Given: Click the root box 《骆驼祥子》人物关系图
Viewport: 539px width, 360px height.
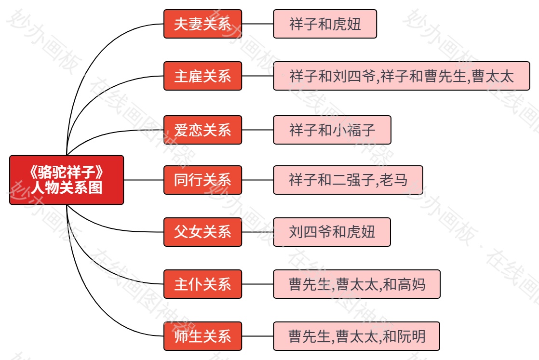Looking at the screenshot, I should click(x=67, y=180).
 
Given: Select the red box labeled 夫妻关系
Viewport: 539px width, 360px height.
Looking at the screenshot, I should click(x=202, y=24).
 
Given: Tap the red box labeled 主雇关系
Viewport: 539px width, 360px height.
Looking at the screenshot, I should click(x=202, y=76).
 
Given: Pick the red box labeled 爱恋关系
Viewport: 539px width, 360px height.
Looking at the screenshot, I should click(x=202, y=130).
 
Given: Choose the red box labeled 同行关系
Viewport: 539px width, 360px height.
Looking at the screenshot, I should click(x=202, y=180).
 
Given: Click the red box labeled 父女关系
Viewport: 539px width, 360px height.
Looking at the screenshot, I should click(x=202, y=232).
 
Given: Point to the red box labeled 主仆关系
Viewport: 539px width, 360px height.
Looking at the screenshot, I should click(x=202, y=284).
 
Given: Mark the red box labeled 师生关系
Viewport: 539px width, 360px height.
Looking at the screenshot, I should click(x=202, y=336).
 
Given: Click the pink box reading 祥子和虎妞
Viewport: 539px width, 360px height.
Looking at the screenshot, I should click(x=325, y=24).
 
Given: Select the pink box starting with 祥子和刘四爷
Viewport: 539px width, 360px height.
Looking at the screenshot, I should click(x=402, y=76).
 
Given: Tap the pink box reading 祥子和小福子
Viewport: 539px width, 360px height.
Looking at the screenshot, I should click(x=332, y=130).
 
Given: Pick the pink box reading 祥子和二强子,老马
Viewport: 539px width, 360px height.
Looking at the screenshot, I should click(x=348, y=180).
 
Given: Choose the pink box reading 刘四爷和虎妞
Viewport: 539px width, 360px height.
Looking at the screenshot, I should click(x=332, y=232).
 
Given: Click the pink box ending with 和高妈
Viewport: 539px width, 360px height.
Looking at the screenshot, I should click(x=357, y=284).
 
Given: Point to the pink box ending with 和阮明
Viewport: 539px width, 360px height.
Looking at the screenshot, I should click(x=357, y=336).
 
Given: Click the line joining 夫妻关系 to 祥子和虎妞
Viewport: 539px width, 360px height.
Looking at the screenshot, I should click(x=257, y=24).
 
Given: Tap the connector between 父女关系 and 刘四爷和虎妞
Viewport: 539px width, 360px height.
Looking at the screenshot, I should click(x=257, y=232).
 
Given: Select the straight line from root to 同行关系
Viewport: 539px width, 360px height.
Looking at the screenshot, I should click(x=144, y=180).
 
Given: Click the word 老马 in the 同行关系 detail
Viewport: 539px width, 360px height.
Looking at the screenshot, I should click(x=393, y=180).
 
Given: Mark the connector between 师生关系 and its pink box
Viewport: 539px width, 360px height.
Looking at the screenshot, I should click(x=257, y=336).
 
